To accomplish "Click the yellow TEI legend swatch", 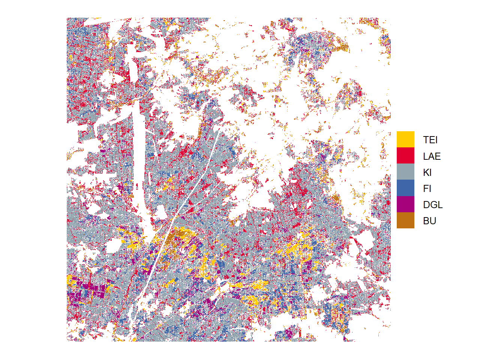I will [x=405, y=139].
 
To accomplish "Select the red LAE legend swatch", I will [x=405, y=156].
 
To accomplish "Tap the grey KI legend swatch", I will [x=405, y=172].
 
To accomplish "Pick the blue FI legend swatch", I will [x=405, y=188].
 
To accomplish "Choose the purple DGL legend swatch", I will [x=405, y=204].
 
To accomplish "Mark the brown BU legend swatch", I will [x=405, y=220].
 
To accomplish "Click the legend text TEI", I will [x=430, y=140].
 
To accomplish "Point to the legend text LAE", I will [x=432, y=156].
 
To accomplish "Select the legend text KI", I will [x=427, y=172].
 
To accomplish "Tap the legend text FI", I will [x=427, y=189].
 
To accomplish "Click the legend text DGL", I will [x=433, y=205].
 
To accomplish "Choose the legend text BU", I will [x=429, y=221].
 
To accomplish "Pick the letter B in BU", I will [x=426, y=221].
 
